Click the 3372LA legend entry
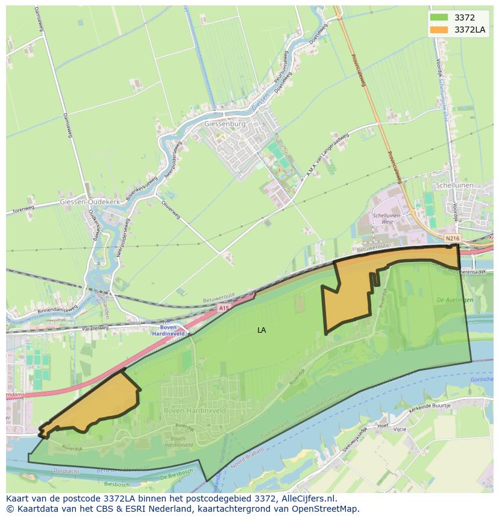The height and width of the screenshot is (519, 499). point(469,30)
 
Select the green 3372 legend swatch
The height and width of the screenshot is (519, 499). point(439,18)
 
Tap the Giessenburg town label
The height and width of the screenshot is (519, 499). point(225,124)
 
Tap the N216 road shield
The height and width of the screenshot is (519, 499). point(452,239)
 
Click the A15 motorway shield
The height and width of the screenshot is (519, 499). point(224,307)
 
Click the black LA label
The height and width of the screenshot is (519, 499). point(262,330)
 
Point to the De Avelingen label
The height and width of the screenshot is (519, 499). point(455,300)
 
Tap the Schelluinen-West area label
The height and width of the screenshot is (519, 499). point(387,219)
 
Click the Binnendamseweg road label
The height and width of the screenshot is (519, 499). point(57,311)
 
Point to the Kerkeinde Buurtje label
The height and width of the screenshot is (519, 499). point(430,407)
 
